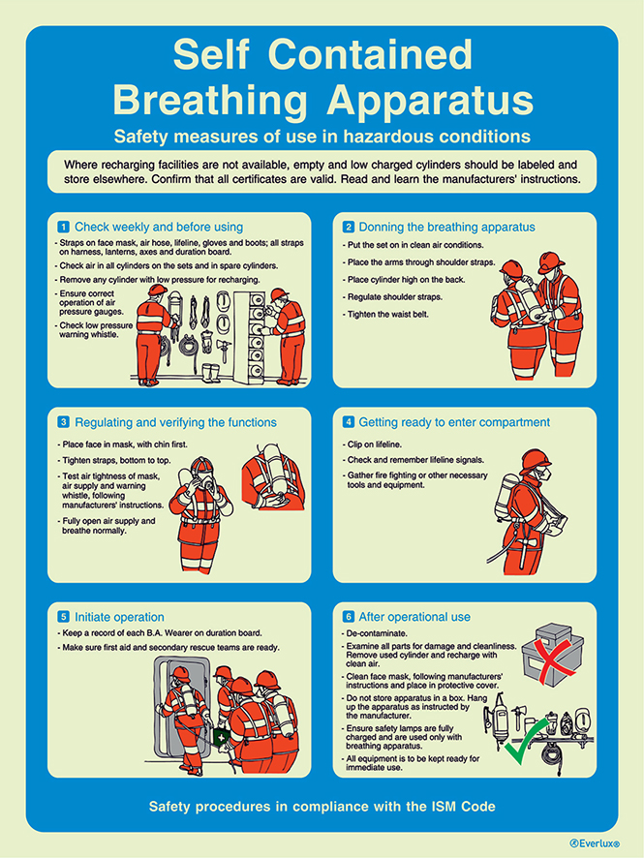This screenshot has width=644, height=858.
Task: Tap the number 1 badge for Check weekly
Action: pos(63,227)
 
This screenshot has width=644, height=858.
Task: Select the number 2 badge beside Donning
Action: pos(348,227)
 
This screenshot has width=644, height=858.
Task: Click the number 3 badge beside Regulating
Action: pos(63,422)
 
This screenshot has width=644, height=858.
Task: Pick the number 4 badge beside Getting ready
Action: pos(348,422)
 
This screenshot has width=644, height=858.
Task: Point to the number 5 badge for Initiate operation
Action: pos(63,617)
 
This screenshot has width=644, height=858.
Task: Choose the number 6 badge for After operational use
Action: pos(348,617)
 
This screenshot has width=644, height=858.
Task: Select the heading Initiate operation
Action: pos(119,617)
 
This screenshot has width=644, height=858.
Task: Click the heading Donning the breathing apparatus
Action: pos(446,227)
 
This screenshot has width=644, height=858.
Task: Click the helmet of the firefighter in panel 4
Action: pos(534,459)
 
